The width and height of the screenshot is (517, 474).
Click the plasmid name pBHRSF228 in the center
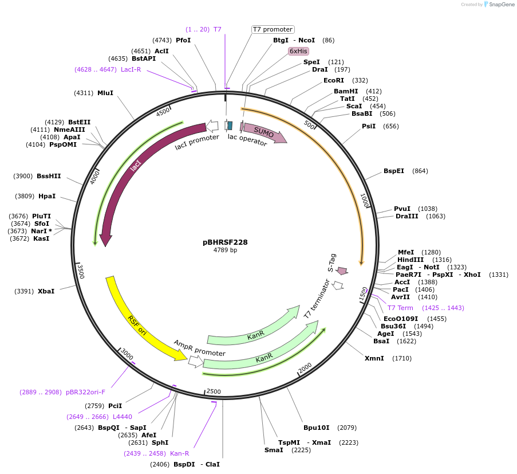pos(225,242)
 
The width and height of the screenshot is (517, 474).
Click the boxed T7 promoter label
pos(273,29)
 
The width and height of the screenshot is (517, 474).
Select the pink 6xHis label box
pos(298,51)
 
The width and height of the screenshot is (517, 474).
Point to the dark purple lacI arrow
pos(136,167)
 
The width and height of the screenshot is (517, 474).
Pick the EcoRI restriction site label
pos(334,80)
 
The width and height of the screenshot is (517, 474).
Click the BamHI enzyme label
pos(346,91)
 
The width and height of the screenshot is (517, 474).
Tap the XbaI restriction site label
pos(46,291)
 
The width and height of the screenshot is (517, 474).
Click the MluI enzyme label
pos(105,93)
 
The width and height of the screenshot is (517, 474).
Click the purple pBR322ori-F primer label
pos(85,392)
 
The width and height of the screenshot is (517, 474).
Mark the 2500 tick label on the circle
pos(214,391)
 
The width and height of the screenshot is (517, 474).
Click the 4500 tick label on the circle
pos(163,112)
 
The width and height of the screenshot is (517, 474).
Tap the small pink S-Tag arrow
pos(342,271)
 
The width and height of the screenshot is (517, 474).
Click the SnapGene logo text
pos(500,5)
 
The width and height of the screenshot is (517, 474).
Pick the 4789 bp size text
pos(225,250)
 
